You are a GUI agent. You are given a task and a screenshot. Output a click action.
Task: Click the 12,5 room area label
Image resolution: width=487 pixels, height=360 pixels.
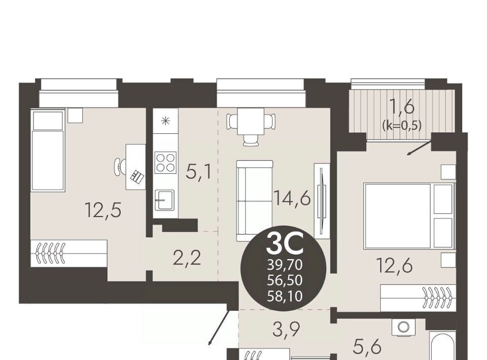[x=102, y=210]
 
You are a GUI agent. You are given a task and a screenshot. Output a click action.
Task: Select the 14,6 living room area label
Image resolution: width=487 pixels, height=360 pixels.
[x=292, y=198]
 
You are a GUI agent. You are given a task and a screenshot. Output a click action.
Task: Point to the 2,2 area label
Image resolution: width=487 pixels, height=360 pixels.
[x=187, y=258]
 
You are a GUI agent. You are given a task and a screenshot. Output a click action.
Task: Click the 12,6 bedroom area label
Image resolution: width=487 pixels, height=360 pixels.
[x=395, y=266]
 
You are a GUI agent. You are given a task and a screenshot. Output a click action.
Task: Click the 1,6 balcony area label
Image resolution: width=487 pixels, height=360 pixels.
[x=401, y=107]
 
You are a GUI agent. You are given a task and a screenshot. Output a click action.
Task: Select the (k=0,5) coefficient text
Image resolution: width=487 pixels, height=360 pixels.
[x=402, y=126]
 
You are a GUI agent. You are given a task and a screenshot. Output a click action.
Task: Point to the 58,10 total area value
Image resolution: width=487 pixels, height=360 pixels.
[x=285, y=297]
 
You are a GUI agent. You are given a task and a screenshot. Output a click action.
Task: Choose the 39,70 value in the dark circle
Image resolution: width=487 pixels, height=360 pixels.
[x=285, y=265]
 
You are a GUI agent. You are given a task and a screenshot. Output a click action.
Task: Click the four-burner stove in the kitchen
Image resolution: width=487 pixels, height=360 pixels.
[x=166, y=163]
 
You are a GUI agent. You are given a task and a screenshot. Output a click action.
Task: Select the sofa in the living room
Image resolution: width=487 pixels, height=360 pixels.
[x=255, y=201]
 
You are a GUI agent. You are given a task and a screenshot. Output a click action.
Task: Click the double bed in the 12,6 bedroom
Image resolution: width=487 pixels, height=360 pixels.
[x=409, y=215]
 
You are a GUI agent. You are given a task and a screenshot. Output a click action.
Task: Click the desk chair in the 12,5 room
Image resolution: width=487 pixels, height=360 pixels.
[x=120, y=167]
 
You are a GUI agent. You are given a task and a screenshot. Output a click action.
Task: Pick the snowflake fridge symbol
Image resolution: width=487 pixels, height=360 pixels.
[x=165, y=121]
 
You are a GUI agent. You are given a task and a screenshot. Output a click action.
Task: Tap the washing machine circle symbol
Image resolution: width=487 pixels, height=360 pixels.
[x=403, y=327]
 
